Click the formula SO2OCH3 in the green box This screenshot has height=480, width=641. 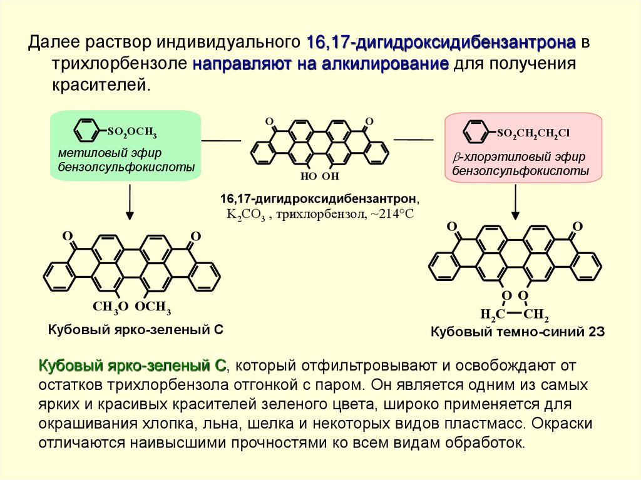[131, 132]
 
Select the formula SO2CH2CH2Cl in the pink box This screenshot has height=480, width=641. [533, 133]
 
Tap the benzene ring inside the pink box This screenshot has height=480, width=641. [475, 132]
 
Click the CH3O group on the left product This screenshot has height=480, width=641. [111, 306]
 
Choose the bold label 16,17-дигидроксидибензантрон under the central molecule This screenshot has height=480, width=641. [319, 198]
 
